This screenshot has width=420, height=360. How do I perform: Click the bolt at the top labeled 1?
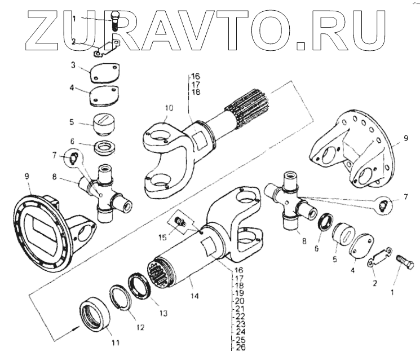click(116, 20)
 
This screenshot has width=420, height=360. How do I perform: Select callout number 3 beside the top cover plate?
click(73, 65)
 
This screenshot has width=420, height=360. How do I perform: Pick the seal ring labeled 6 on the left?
click(105, 147)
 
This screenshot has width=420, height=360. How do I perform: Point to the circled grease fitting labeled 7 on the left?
click(73, 157)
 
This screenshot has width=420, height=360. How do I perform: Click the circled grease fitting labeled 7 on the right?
click(383, 205)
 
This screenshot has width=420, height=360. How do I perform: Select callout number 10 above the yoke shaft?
click(169, 108)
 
